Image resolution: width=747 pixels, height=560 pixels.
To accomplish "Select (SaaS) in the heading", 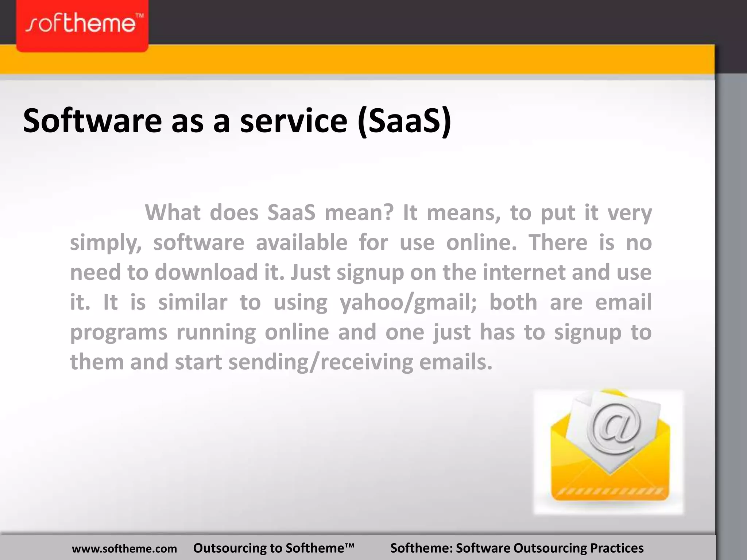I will pos(405,121).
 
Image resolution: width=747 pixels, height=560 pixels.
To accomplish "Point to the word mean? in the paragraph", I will pos(359,212).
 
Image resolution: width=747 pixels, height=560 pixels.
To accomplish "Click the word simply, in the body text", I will pos(106,243).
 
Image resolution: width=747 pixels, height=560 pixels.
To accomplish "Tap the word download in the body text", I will pos(206,272).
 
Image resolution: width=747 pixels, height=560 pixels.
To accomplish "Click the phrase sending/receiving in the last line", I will pos(321,362).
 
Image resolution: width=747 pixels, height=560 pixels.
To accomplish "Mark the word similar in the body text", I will pos(193,302).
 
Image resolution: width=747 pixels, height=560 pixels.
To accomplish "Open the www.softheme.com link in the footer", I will pos(124,548).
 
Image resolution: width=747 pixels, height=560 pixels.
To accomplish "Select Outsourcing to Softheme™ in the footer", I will pos(274,548).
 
